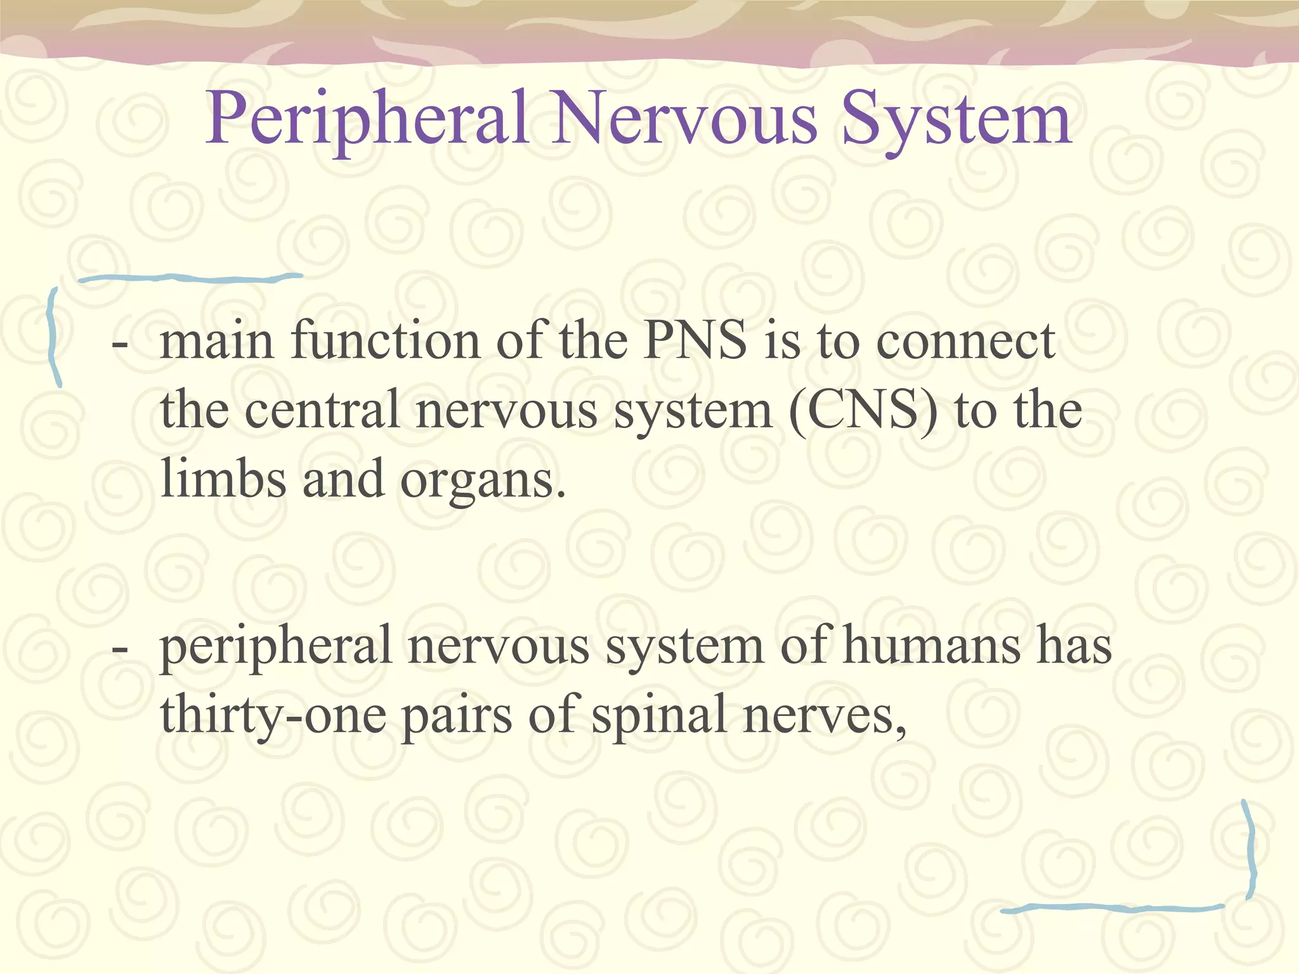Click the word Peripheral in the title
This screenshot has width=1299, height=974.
368,119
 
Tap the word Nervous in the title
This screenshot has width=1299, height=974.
684,119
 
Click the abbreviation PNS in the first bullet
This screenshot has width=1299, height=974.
695,341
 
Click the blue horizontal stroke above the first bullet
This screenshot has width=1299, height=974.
190,277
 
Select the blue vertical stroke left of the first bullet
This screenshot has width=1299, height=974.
55,336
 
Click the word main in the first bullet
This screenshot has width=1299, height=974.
216,341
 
